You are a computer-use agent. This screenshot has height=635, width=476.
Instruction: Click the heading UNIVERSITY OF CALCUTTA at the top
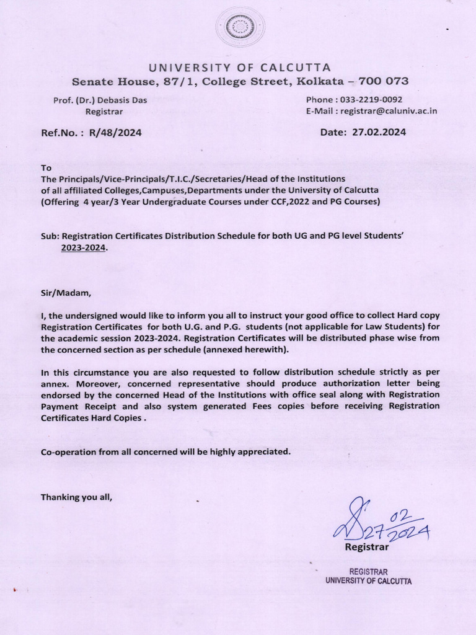tap(238, 67)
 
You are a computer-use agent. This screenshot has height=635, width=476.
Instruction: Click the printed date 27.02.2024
tap(380, 132)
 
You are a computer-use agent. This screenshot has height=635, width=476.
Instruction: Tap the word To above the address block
tap(46, 168)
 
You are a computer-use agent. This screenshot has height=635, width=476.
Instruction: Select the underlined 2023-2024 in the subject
tap(84, 247)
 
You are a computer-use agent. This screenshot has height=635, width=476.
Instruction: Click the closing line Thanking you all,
tap(76, 497)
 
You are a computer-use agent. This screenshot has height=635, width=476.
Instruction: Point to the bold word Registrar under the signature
tap(366, 547)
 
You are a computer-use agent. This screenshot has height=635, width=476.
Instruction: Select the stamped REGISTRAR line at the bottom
tap(369, 571)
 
